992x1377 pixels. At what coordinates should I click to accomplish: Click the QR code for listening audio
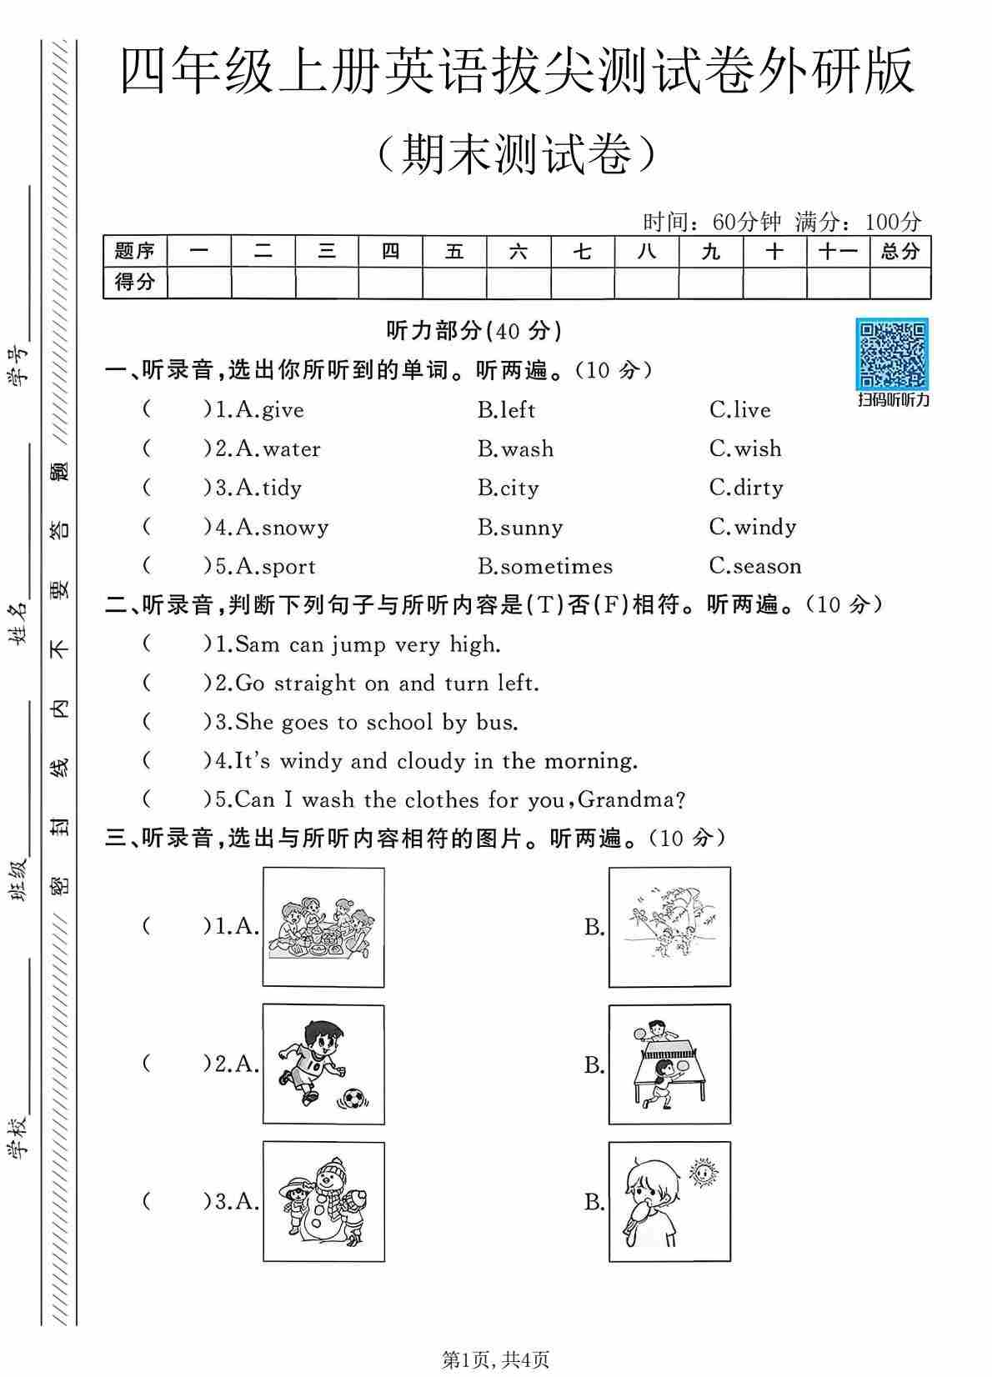pos(893,354)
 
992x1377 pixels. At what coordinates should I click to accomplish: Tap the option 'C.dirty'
pos(746,488)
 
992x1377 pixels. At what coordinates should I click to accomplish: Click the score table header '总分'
pos(899,251)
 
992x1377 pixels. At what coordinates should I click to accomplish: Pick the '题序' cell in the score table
pos(134,251)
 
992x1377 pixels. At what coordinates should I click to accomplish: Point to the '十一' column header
pos(837,251)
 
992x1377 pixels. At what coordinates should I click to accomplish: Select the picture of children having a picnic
pos(323,927)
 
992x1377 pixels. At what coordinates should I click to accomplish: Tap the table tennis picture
pos(669,1064)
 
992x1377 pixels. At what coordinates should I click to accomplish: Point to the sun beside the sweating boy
pos(704,1173)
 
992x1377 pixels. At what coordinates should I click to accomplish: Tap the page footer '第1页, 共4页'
pos(495,1360)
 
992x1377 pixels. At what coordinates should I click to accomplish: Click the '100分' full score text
pos(893,222)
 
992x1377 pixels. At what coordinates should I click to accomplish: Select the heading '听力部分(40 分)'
pos(473,331)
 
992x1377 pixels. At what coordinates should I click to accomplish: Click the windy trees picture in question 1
pos(669,927)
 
